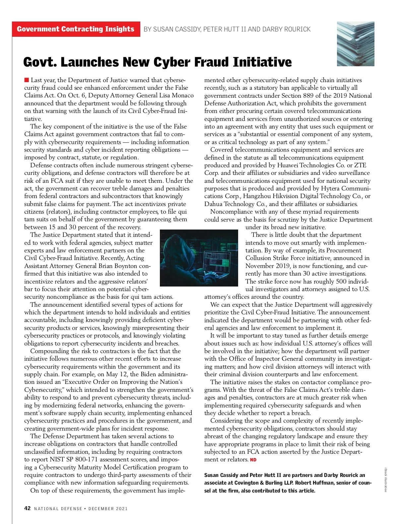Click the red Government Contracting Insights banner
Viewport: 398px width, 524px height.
[76, 29]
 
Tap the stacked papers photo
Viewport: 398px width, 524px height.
[355, 44]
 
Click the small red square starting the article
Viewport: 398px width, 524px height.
[27, 80]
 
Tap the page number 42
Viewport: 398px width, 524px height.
[28, 508]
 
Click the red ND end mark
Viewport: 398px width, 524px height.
[253, 460]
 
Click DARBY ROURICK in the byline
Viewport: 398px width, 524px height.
[286, 29]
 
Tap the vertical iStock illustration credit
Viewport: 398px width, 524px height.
[385, 480]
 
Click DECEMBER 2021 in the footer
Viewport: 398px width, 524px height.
[108, 509]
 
